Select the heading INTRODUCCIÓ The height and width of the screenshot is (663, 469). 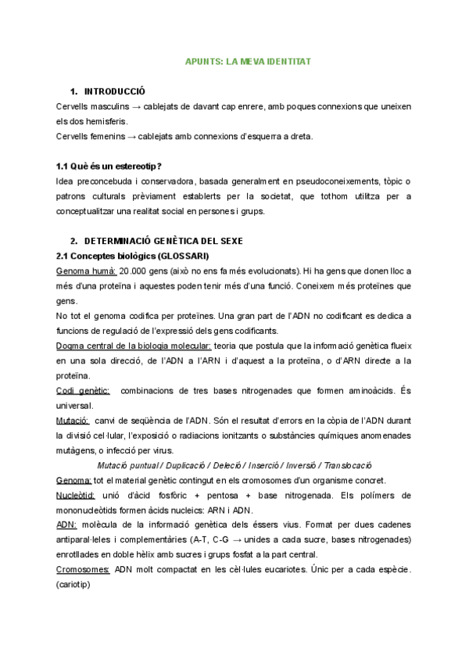tap(115, 91)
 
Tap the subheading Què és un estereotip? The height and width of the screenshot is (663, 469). tap(109, 165)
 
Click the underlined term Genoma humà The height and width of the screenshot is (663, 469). tap(86, 271)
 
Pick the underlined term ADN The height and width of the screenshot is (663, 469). tap(66, 525)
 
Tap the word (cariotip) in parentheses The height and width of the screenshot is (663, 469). tap(73, 584)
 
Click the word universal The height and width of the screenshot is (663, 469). tap(75, 405)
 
